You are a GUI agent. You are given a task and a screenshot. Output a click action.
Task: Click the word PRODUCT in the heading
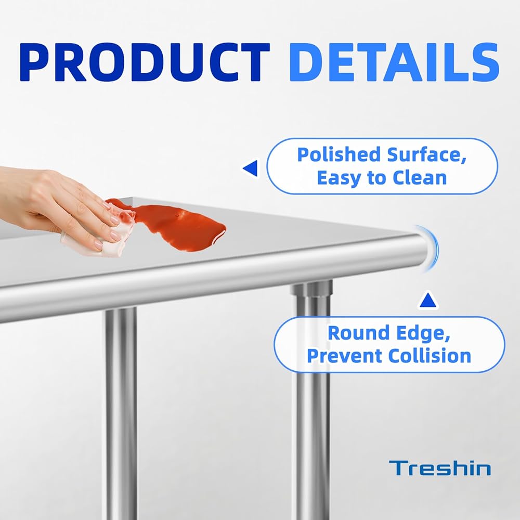click(145, 62)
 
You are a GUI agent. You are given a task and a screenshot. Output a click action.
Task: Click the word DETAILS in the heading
click(394, 62)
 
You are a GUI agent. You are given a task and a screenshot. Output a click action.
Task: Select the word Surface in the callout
click(426, 155)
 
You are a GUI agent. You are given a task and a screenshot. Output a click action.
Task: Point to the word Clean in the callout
click(420, 178)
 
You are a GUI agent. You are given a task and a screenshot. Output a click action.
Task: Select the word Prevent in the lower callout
click(344, 356)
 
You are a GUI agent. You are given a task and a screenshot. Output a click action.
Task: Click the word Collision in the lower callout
click(430, 356)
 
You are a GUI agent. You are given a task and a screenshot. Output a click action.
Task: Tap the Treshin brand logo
click(440, 468)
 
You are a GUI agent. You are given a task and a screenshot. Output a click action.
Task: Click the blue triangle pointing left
click(250, 168)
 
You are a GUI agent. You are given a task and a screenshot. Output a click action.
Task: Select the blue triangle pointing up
click(428, 300)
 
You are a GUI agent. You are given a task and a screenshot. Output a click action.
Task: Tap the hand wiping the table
click(63, 205)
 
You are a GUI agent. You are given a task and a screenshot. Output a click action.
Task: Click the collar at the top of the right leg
click(311, 288)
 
